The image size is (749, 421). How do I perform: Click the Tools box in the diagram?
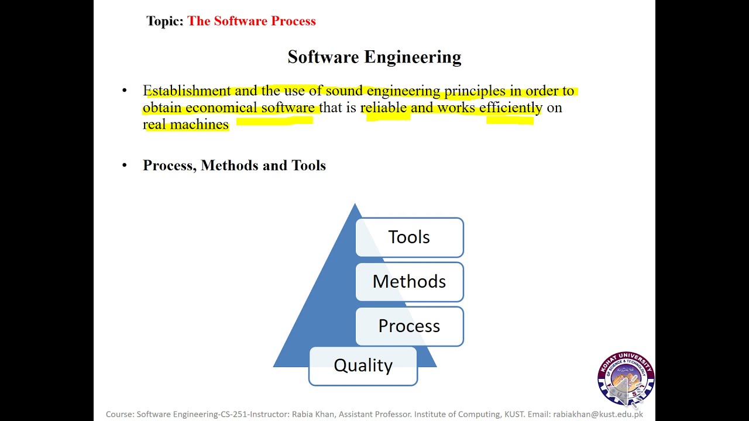click(409, 237)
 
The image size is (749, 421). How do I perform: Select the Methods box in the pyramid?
click(409, 282)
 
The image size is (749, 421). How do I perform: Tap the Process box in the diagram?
click(409, 326)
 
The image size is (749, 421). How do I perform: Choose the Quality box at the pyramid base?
click(363, 365)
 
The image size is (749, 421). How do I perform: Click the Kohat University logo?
click(626, 379)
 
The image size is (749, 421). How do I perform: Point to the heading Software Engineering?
click(374, 57)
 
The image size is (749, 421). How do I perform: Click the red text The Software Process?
click(252, 21)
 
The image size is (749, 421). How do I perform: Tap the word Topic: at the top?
click(165, 21)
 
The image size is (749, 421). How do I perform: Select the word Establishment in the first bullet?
click(187, 91)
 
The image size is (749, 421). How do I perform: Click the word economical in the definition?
click(221, 108)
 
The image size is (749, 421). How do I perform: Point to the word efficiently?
click(510, 108)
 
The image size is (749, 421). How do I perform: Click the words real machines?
click(185, 124)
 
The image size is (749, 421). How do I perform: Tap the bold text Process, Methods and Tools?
click(234, 165)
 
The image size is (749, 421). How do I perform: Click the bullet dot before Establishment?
click(124, 91)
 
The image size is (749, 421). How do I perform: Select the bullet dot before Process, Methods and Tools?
click(124, 165)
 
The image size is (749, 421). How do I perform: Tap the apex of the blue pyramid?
click(355, 206)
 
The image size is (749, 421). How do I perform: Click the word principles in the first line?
click(475, 91)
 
